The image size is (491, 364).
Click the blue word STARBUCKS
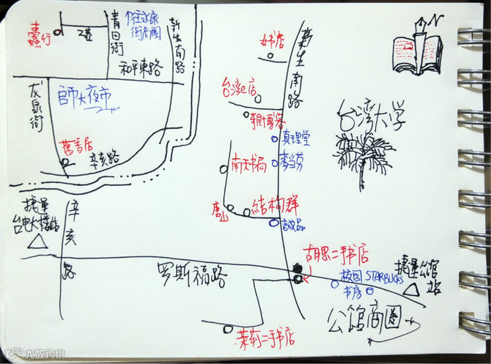coord(380,276)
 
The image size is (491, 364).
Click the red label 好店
coord(271,38)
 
